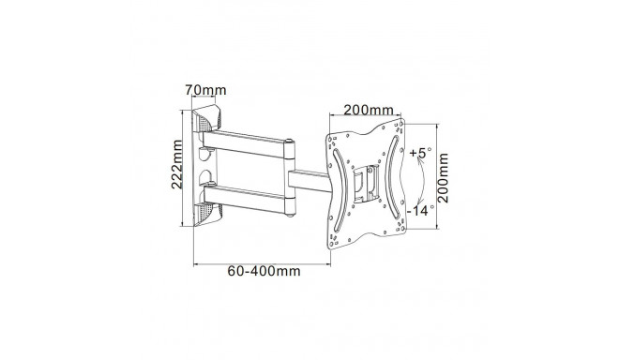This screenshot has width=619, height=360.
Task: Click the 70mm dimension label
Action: (205, 90)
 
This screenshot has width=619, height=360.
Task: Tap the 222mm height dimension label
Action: (177, 164)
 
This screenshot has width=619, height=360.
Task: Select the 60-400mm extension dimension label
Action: (264, 271)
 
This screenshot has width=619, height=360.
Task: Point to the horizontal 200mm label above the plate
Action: (369, 110)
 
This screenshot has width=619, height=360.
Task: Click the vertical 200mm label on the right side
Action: (444, 178)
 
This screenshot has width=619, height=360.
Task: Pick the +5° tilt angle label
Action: (420, 153)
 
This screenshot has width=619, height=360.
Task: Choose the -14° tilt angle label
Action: (420, 210)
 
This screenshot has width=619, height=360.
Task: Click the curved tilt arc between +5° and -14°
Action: (423, 182)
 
